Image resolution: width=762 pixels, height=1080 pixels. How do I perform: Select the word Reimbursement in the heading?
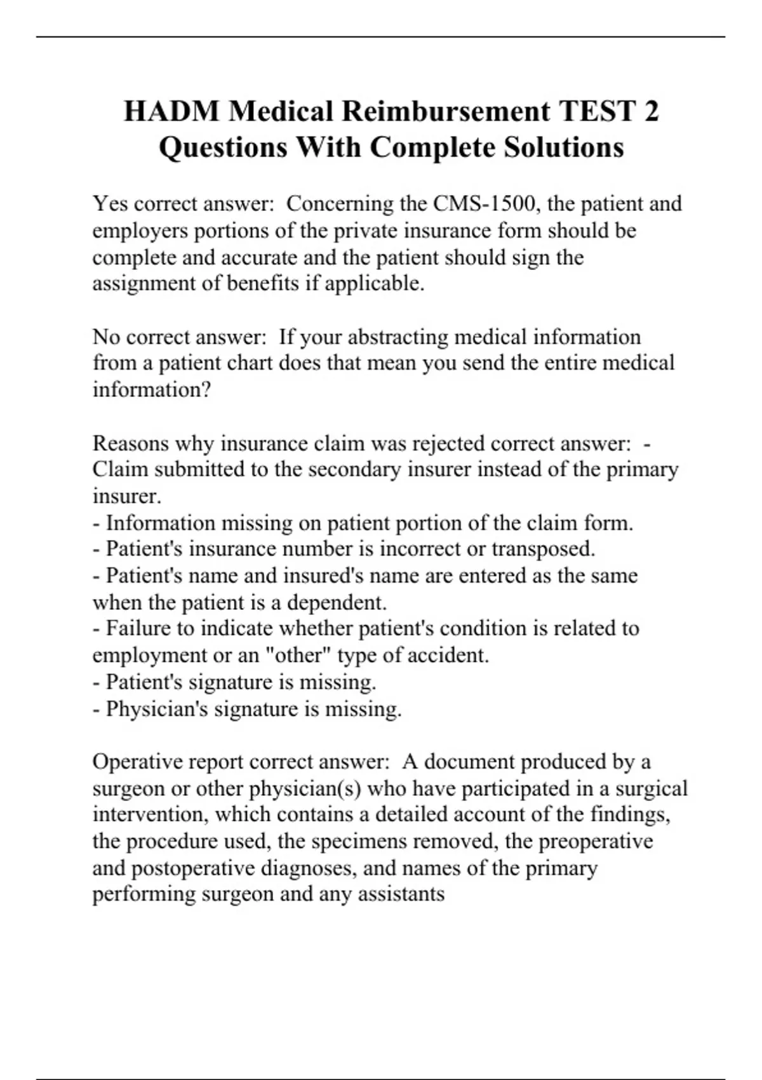[x=446, y=111]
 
